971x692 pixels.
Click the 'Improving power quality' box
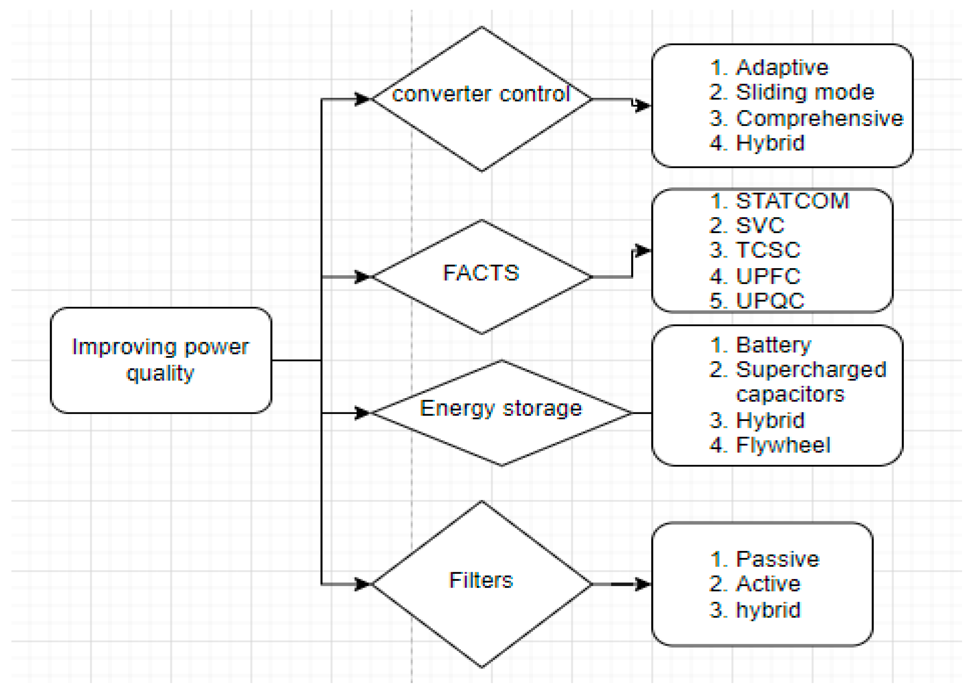pos(161,360)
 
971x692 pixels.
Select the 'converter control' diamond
pos(482,99)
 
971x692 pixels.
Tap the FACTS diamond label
pos(482,273)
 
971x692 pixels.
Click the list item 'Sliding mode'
pos(804,92)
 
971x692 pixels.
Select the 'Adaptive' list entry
pos(782,67)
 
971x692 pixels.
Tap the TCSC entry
pos(768,250)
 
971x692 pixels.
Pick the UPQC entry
pos(769,300)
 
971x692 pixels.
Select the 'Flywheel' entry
pos(783,445)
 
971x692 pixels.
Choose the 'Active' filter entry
pos(768,583)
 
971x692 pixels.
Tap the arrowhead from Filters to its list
pos(643,584)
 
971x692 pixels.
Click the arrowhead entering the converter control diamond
pos(363,99)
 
